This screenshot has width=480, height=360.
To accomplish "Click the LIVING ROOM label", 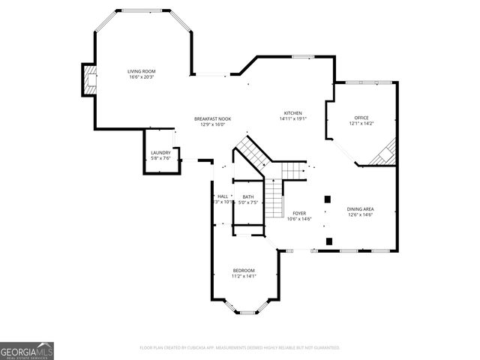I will point(141,71).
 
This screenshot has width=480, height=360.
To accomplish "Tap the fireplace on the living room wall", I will point(89,79).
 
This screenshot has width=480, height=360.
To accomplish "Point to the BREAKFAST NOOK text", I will point(212,119).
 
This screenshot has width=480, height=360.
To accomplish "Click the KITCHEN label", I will point(292,112).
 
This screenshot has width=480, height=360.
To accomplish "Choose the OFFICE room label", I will point(361,118).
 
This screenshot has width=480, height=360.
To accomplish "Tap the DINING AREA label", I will point(360,209).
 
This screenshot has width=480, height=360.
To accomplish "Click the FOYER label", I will point(299,214).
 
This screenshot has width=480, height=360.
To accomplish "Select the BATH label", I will point(247,196).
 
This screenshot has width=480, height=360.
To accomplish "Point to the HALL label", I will point(223,196).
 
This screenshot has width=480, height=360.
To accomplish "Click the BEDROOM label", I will point(244,270).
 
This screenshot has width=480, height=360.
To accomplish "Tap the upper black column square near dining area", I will point(328,199).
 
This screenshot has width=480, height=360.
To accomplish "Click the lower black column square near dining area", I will point(329,241).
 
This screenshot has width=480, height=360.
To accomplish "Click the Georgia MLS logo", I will point(27,351).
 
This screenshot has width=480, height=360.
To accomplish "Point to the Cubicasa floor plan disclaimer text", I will point(240,348).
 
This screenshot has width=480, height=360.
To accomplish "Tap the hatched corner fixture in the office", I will point(385,154).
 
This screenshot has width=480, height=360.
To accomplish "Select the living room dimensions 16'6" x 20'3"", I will point(141,76).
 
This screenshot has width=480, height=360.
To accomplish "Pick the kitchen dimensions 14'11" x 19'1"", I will point(292,118).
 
